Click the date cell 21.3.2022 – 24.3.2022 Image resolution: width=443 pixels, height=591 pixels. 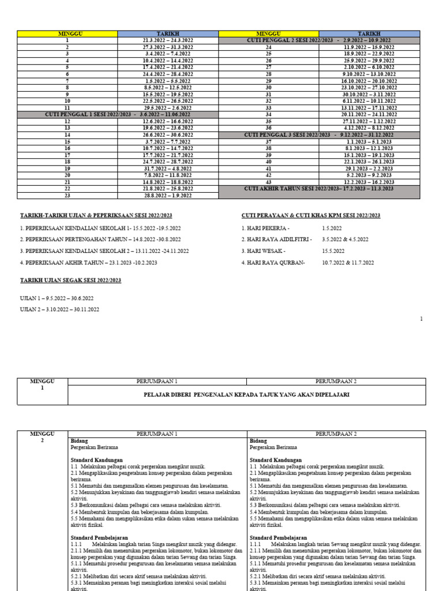(168, 40)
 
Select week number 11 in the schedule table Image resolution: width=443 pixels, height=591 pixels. (67, 108)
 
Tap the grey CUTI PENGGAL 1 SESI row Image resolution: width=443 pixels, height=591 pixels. (118, 114)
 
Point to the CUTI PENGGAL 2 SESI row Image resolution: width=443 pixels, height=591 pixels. (319, 40)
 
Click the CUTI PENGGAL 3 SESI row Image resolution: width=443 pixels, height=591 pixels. (319, 134)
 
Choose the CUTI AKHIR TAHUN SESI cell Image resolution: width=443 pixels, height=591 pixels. (319, 189)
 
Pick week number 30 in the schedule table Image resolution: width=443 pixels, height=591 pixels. (268, 87)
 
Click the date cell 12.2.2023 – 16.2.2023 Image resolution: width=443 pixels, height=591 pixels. (369, 182)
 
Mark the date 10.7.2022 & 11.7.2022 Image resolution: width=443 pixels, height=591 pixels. (348, 263)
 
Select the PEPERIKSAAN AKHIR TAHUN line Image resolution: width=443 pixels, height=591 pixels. (88, 263)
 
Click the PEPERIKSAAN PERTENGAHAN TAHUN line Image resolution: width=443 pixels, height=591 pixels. (100, 240)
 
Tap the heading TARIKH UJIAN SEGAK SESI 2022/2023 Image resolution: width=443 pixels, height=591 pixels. (71, 280)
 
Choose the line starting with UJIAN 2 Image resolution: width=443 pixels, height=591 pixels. (59, 309)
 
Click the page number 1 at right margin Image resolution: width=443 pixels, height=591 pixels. (421, 319)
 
